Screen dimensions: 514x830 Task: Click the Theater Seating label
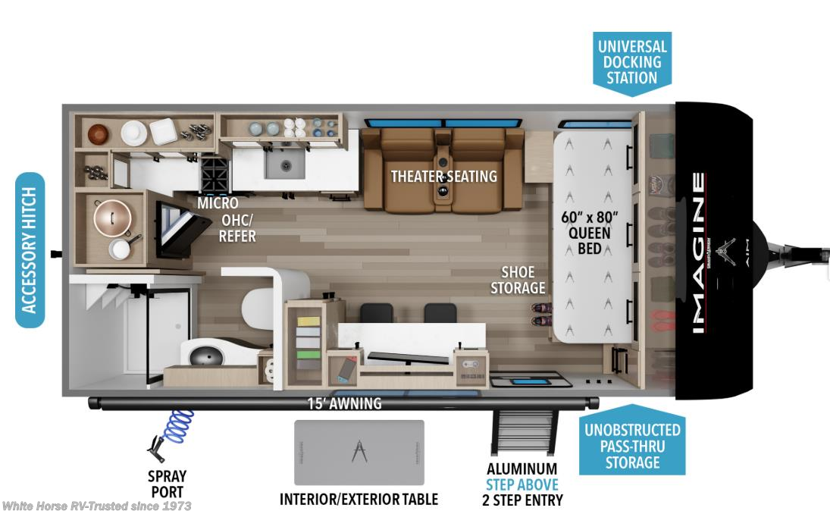(443, 177)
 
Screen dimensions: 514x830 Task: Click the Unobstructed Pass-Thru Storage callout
(631, 446)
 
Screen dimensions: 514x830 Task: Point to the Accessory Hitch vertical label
(30, 250)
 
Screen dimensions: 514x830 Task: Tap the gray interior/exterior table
(360, 452)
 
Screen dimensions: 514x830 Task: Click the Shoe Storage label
(518, 280)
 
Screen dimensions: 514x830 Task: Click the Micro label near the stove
(218, 203)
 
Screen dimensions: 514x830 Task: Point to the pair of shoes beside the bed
(542, 314)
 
